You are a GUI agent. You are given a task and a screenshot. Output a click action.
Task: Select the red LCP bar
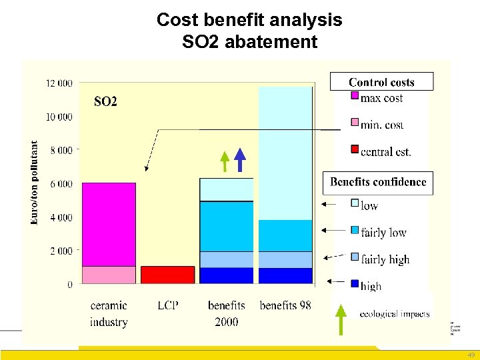[x=167, y=275]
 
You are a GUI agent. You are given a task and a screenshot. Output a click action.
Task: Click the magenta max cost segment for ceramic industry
[x=109, y=224]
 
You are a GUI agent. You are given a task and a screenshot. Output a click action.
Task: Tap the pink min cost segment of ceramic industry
[x=109, y=275]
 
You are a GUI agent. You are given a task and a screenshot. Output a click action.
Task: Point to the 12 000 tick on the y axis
[x=59, y=83]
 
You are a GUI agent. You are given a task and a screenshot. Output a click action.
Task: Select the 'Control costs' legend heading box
[x=381, y=82]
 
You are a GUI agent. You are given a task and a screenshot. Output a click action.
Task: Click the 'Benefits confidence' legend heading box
[x=378, y=183]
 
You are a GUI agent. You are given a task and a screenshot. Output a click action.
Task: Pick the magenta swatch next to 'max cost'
[x=355, y=97]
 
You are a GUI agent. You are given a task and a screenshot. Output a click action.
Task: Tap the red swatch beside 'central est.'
[x=355, y=150]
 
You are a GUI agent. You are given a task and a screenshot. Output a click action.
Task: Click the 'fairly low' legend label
[x=383, y=233]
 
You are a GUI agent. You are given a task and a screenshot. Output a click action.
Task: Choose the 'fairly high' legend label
[x=385, y=259]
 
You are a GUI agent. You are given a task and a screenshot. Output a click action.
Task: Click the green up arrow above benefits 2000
[x=225, y=162]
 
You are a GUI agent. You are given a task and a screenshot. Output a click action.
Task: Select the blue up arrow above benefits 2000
[x=240, y=160]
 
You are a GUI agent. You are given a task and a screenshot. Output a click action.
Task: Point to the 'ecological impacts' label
[x=394, y=314]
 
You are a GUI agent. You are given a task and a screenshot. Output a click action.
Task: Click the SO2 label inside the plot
[x=105, y=102]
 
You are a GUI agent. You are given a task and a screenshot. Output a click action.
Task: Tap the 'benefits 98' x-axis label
[x=285, y=306]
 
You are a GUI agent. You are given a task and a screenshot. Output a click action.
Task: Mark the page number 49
[x=470, y=355]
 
